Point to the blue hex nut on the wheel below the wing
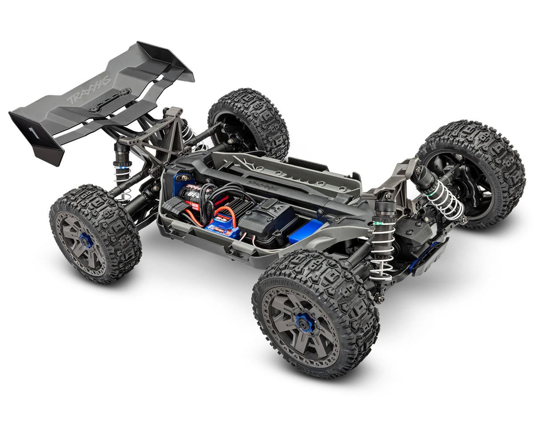[x=86, y=240]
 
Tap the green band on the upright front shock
[x=379, y=219]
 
